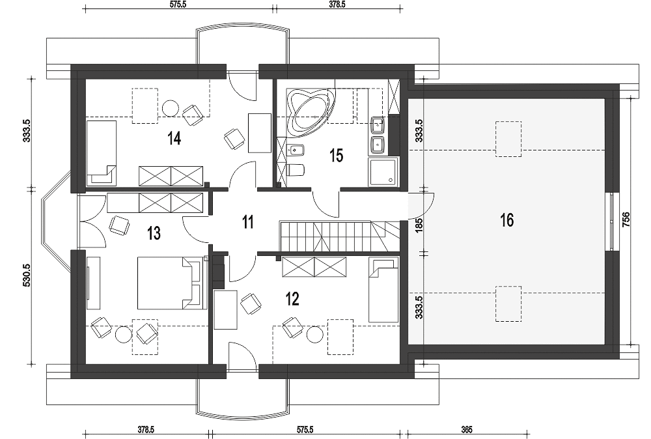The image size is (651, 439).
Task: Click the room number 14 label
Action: coord(174,137)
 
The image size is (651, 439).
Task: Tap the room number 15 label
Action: coord(337,156)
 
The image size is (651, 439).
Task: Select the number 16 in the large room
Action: coord(507,220)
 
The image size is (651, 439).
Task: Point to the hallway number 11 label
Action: coord(248,222)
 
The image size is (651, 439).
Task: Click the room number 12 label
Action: coord(293,298)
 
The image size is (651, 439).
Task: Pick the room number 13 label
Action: coord(154,233)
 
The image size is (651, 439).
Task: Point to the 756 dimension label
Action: coord(626,219)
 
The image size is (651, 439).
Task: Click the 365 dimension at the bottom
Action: coord(466,430)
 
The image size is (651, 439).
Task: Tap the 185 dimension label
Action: coord(419,225)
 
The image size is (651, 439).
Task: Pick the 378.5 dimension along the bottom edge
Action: coord(146,430)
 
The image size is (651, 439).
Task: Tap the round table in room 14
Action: coord(170,108)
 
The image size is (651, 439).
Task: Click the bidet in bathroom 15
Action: coord(296,149)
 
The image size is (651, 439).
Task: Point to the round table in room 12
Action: coord(315,335)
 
